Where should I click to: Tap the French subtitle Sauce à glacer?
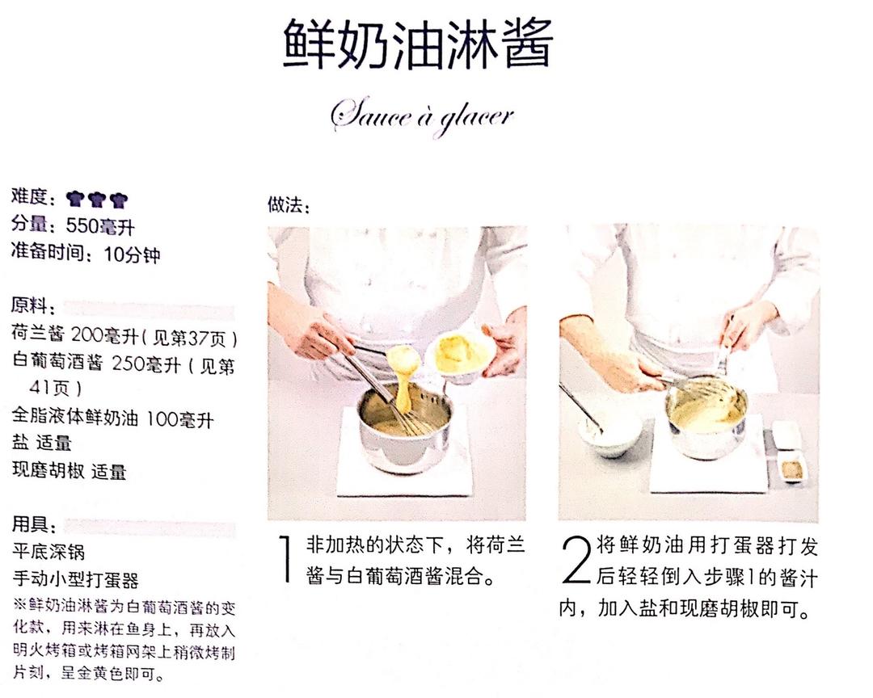pos(421,116)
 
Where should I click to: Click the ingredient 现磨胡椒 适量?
pos(69,471)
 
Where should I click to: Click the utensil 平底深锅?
pos(48,553)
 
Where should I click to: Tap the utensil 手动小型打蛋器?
pos(75,580)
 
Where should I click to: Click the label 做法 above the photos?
pos(289,206)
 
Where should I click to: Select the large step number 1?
pos(285,559)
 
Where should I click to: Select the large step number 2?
pos(576,559)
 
